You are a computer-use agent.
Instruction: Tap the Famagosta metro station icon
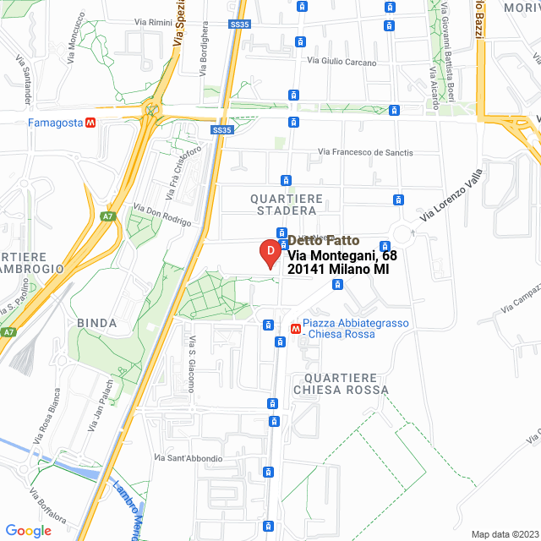point(90,123)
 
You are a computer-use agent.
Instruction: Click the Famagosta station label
point(55,123)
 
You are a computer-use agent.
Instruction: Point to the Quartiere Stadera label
point(287,204)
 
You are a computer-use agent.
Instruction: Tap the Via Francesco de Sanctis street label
point(365,152)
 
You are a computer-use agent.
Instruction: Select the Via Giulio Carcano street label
point(341,61)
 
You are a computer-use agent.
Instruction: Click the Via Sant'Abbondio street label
point(189,458)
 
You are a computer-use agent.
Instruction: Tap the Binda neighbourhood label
point(96,323)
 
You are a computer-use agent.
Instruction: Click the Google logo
point(28,531)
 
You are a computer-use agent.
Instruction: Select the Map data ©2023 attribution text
point(503,534)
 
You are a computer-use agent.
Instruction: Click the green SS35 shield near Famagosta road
point(221,130)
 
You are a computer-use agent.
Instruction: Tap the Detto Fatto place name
point(316,240)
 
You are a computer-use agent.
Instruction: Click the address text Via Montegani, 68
point(342,255)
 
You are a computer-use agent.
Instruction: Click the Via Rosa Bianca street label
point(46,417)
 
